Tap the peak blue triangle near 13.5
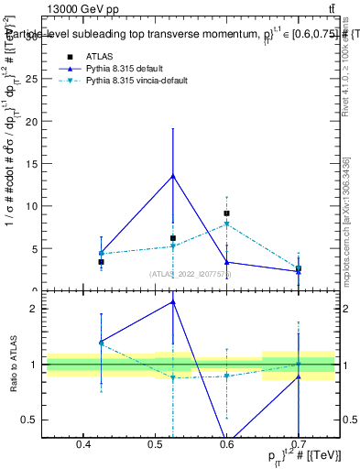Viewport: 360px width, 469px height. point(173,175)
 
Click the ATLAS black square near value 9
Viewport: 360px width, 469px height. point(226,213)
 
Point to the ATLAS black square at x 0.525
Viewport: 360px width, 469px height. point(173,238)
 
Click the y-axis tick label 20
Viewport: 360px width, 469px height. point(35,122)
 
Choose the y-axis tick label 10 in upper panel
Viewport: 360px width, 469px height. point(35,206)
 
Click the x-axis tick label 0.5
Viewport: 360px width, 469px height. point(155,444)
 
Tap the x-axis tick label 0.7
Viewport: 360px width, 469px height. point(298,444)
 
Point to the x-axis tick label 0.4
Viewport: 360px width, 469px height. point(83,444)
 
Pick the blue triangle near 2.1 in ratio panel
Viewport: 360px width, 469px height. point(173,301)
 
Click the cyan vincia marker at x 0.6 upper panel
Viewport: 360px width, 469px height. point(226,224)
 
